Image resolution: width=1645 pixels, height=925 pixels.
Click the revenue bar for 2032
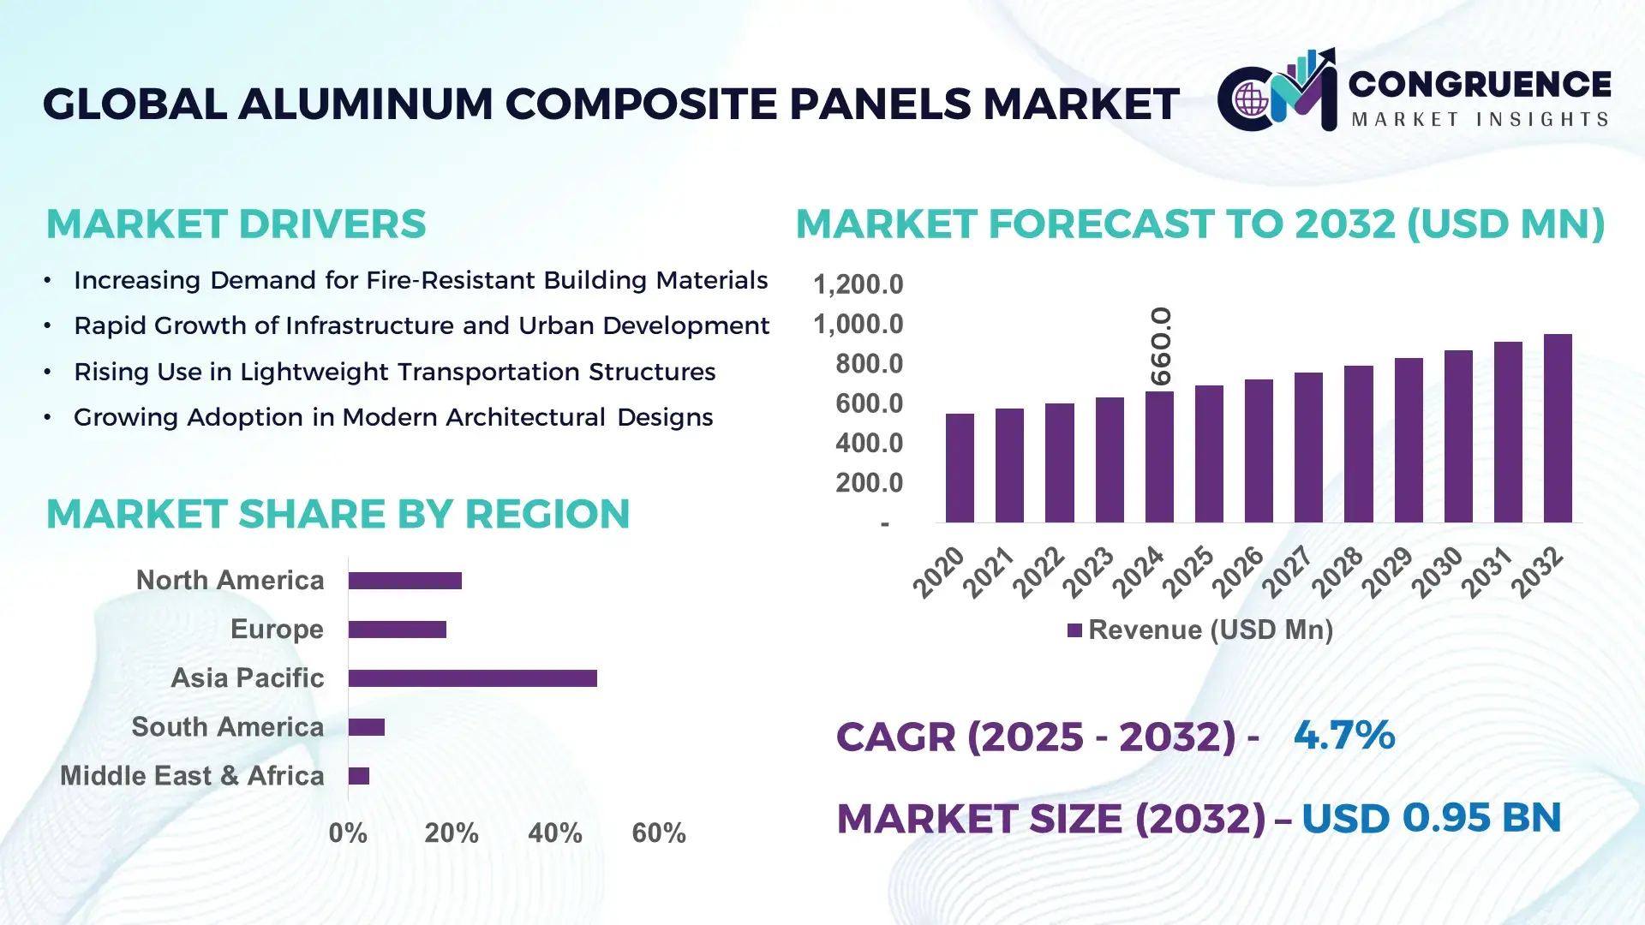(x=1558, y=428)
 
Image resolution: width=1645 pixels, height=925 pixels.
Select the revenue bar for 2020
(x=960, y=468)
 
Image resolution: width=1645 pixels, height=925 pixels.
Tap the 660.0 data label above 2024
(x=1161, y=346)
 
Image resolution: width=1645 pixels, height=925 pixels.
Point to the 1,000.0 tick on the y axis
(x=858, y=325)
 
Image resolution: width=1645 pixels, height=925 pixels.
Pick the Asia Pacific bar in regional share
(x=472, y=678)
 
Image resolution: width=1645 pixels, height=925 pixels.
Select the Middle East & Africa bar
(x=359, y=776)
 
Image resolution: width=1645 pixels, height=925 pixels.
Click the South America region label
(x=228, y=727)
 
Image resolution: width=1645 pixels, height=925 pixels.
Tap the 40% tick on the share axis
(x=554, y=833)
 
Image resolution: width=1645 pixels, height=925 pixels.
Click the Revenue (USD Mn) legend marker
(x=1074, y=630)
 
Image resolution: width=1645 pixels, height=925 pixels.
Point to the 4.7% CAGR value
(x=1343, y=735)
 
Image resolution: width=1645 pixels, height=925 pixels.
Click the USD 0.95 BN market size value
(x=1431, y=818)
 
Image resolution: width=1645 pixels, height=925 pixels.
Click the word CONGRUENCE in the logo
(x=1480, y=84)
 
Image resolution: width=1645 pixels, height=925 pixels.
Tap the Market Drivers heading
(x=236, y=224)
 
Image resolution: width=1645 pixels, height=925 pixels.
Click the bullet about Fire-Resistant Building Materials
(x=420, y=280)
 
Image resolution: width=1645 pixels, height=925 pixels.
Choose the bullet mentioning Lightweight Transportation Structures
(x=394, y=372)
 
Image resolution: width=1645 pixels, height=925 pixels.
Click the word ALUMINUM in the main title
(x=365, y=104)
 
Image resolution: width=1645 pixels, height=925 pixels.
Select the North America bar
(x=404, y=581)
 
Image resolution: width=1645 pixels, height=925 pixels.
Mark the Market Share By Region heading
(x=338, y=514)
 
